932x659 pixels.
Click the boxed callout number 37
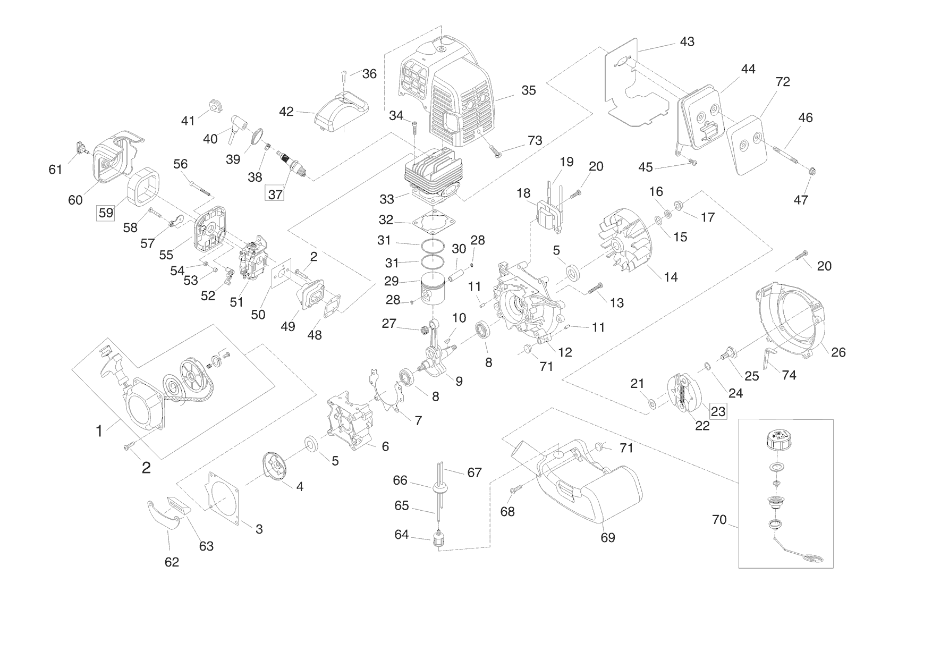[x=275, y=195]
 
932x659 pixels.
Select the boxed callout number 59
[x=106, y=213]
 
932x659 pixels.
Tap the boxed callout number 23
[x=718, y=411]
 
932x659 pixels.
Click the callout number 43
[x=687, y=41]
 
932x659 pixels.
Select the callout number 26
[x=838, y=352]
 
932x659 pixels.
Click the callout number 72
[x=783, y=82]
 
